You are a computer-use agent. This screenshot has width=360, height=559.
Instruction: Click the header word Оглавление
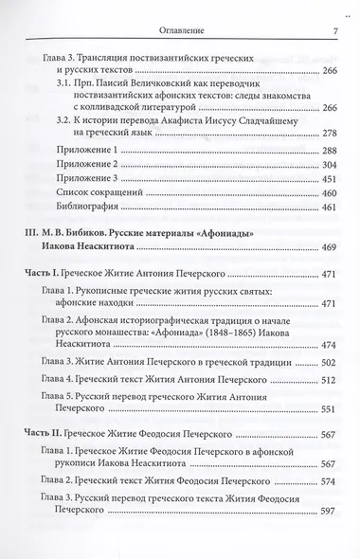tap(179, 10)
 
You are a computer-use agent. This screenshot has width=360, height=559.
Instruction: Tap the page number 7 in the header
tap(334, 10)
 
